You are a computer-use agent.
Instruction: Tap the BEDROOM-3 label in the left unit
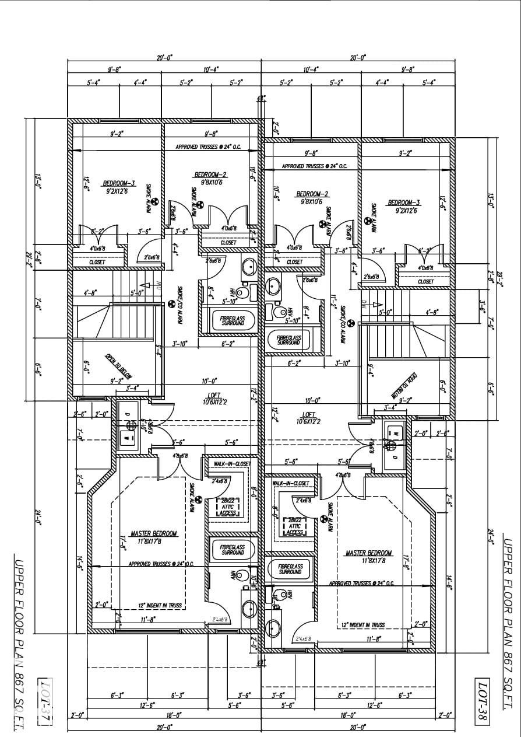119,183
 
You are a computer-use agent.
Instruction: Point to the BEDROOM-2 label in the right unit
313,194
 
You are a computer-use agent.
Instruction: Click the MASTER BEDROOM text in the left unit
153,533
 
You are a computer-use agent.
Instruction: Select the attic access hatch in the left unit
226,509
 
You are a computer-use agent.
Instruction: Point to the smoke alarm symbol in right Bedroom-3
368,221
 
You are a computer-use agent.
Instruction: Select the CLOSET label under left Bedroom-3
97,263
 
